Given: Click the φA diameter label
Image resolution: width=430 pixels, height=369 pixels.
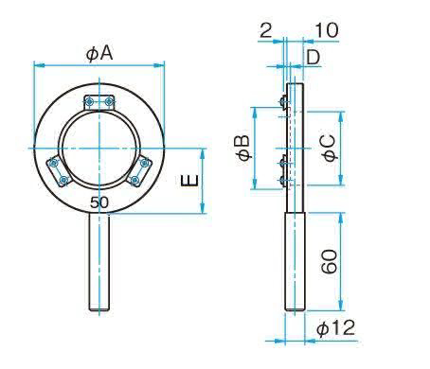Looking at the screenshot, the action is pyautogui.click(x=99, y=54).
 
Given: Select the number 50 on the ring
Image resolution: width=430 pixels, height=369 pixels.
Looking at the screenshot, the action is pyautogui.click(x=99, y=202).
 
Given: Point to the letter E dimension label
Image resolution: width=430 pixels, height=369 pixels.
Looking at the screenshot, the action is pyautogui.click(x=189, y=181).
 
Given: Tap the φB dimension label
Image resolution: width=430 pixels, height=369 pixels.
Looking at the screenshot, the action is pyautogui.click(x=242, y=149).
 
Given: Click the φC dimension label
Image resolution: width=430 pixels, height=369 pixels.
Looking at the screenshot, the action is pyautogui.click(x=330, y=149).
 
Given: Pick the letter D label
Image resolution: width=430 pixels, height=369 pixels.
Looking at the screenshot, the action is pyautogui.click(x=314, y=58).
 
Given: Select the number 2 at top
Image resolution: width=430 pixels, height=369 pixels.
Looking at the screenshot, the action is pyautogui.click(x=265, y=30).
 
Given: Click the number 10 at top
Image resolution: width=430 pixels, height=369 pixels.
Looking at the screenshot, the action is pyautogui.click(x=327, y=30).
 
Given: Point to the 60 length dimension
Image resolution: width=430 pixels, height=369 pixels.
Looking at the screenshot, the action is pyautogui.click(x=330, y=261).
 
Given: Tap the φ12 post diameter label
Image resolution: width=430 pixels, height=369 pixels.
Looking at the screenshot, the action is pyautogui.click(x=335, y=328).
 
